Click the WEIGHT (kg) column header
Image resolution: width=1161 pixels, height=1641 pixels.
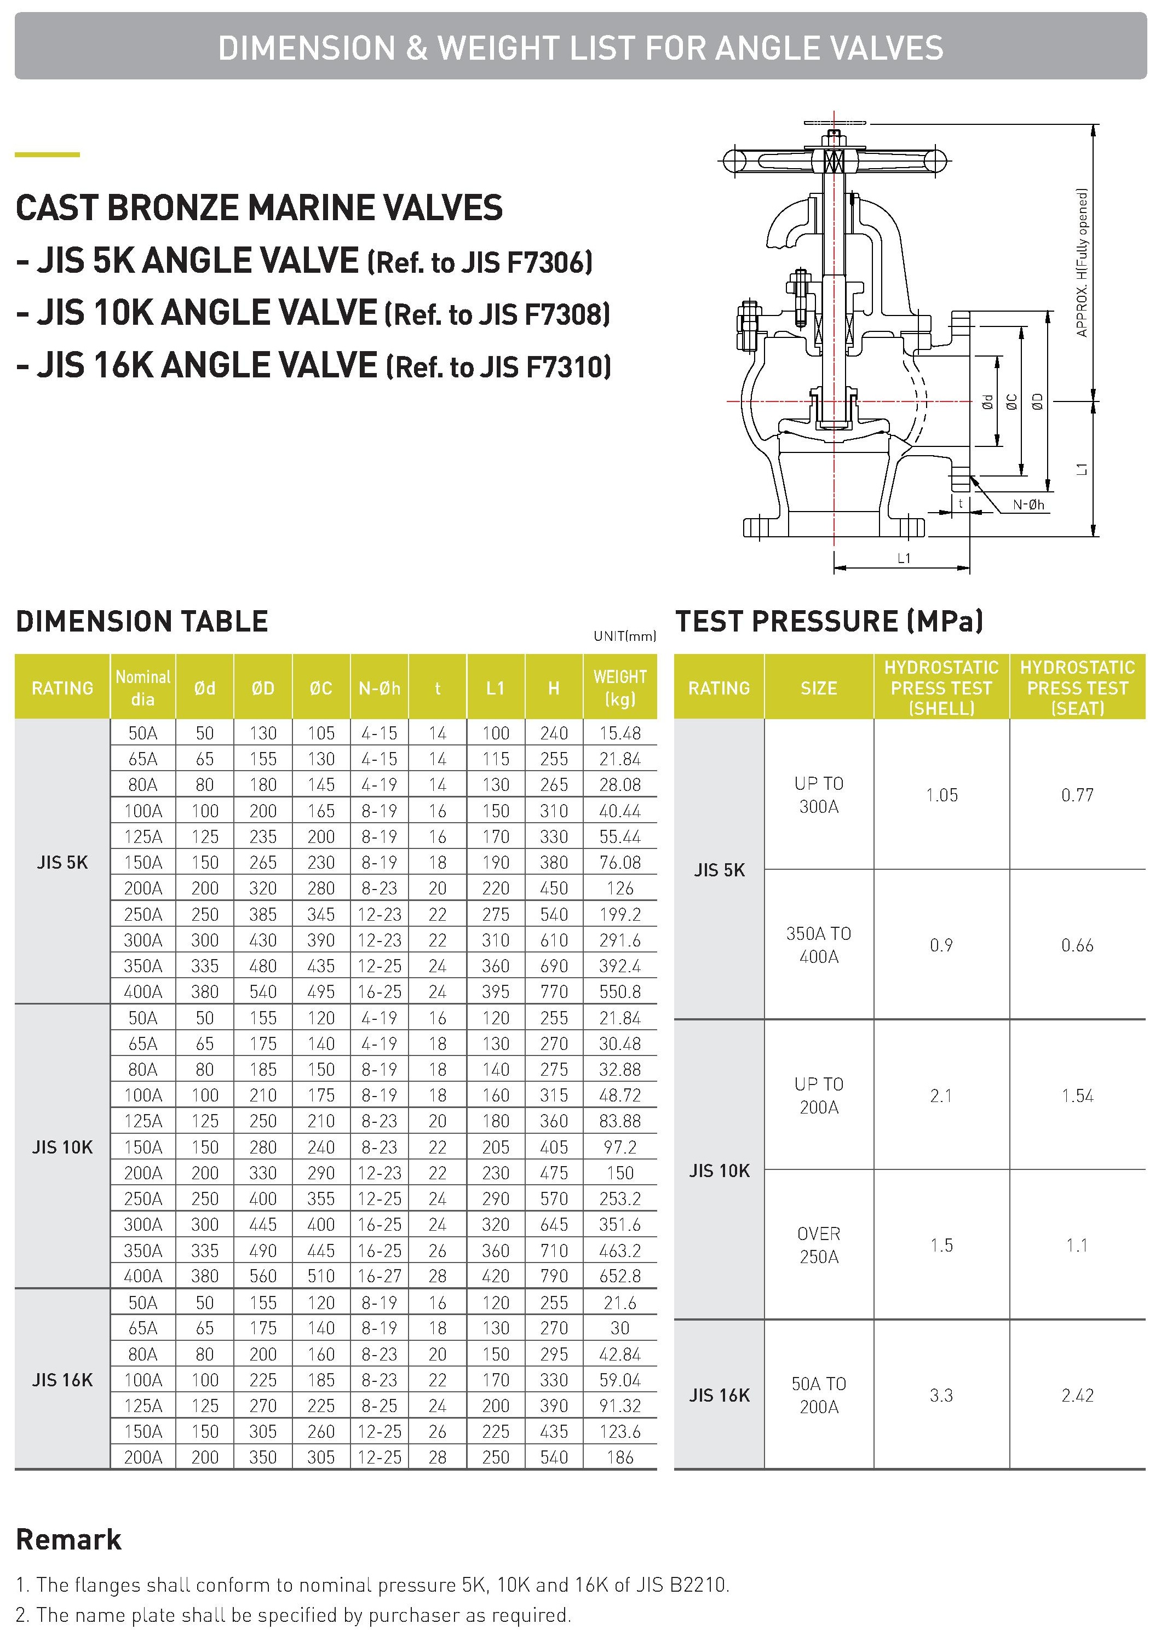pyautogui.click(x=620, y=687)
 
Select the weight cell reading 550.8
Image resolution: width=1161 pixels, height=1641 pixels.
pyautogui.click(x=620, y=992)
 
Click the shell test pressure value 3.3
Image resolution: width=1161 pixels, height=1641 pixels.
pyautogui.click(x=941, y=1395)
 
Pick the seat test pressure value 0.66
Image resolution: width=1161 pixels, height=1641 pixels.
pyautogui.click(x=1077, y=945)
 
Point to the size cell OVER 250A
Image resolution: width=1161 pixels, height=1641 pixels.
pyautogui.click(x=819, y=1245)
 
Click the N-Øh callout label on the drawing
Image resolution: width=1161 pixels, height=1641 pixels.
pyautogui.click(x=1028, y=505)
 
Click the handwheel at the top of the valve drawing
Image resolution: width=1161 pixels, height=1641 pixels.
pyautogui.click(x=834, y=160)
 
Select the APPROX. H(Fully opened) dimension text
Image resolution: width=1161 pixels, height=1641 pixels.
pyautogui.click(x=1082, y=262)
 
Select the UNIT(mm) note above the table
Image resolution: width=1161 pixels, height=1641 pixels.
pyautogui.click(x=624, y=636)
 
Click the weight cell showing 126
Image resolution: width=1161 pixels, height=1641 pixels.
pyautogui.click(x=620, y=888)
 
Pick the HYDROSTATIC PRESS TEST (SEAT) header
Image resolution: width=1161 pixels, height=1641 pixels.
pyautogui.click(x=1077, y=687)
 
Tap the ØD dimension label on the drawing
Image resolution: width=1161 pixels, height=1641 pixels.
pyautogui.click(x=1037, y=402)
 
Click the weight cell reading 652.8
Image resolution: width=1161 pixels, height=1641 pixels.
pyautogui.click(x=620, y=1276)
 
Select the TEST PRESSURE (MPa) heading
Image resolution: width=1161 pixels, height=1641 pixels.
pyautogui.click(x=829, y=621)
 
